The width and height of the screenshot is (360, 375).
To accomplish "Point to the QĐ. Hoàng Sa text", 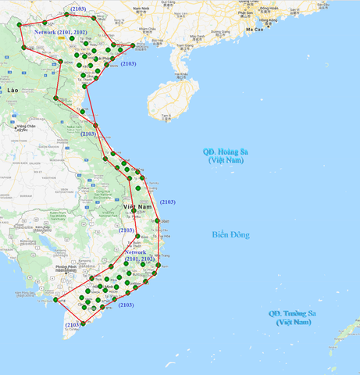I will [225, 152].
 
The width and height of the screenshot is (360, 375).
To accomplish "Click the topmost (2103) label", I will [78, 9].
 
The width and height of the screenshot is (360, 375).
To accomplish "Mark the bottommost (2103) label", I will [73, 324].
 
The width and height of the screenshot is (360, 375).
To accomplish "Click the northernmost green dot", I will [66, 13].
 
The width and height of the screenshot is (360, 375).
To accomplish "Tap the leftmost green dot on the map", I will [19, 24].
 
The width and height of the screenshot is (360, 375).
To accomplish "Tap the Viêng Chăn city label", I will [27, 126].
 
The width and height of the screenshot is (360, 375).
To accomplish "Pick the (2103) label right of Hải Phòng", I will [128, 64].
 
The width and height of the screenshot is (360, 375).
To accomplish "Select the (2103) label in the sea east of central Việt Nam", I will [168, 202].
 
